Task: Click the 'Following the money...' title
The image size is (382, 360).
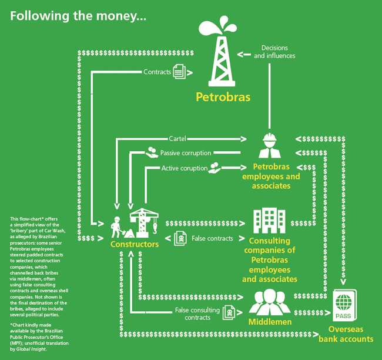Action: (x=78, y=15)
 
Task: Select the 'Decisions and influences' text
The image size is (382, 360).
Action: (x=274, y=51)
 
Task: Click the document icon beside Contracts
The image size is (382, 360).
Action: (x=179, y=72)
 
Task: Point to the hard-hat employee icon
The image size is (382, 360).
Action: (x=270, y=145)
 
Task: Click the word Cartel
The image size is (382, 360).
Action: (x=177, y=139)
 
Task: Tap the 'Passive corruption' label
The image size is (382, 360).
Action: (x=185, y=153)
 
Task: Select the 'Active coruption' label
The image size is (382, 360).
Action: (x=185, y=168)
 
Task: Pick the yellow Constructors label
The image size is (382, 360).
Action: (x=135, y=244)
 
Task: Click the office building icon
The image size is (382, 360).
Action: (x=270, y=221)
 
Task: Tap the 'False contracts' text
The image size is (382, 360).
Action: (x=212, y=239)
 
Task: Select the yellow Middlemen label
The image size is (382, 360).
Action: (x=270, y=322)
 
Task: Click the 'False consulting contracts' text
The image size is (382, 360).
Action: (x=197, y=314)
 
